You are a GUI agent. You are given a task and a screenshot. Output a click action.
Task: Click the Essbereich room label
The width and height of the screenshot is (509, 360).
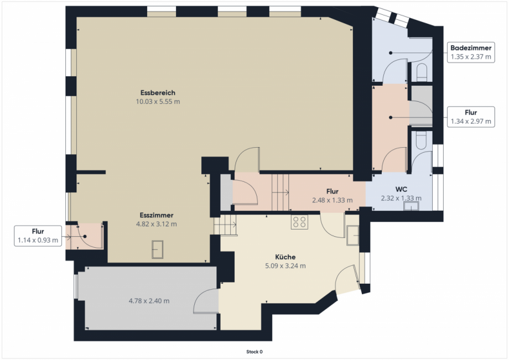tap(158, 93)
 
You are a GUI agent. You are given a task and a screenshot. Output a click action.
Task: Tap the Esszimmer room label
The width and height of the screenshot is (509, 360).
tap(157, 215)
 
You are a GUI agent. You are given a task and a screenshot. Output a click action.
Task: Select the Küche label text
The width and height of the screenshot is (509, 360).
tap(285, 257)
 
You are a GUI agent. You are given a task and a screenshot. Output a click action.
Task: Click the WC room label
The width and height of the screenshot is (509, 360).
tap(401, 189)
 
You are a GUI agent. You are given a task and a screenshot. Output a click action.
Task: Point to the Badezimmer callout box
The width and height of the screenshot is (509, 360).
tap(471, 52)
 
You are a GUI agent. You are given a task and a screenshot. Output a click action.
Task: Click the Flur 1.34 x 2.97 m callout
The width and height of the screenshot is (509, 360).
tap(471, 117)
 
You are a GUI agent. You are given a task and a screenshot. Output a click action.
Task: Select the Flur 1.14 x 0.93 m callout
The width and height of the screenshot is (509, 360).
tap(38, 236)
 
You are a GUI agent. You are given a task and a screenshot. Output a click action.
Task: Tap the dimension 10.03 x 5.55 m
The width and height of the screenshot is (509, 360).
tap(158, 102)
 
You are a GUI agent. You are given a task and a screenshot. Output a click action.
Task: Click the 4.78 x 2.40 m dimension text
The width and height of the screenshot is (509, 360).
tap(149, 301)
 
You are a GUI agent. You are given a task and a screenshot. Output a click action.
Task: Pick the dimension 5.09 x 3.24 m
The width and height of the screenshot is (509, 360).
tap(285, 266)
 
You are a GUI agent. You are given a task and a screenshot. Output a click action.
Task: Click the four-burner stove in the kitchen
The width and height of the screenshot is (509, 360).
tap(299, 222)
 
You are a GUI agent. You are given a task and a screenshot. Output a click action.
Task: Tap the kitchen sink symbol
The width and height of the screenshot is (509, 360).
tap(352, 235)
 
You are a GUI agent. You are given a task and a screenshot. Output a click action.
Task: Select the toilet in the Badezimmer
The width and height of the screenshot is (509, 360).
tap(422, 72)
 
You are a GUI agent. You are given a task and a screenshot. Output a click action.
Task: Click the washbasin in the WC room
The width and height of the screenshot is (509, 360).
tap(411, 206)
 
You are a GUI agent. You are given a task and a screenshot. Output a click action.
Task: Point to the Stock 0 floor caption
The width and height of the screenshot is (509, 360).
tap(254, 352)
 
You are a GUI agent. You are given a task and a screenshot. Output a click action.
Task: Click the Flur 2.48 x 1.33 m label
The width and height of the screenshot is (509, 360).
tap(333, 196)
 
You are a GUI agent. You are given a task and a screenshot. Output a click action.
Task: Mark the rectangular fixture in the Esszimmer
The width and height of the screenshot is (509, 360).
tap(158, 249)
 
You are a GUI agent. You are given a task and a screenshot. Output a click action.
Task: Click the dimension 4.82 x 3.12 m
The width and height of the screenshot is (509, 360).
tap(157, 224)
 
